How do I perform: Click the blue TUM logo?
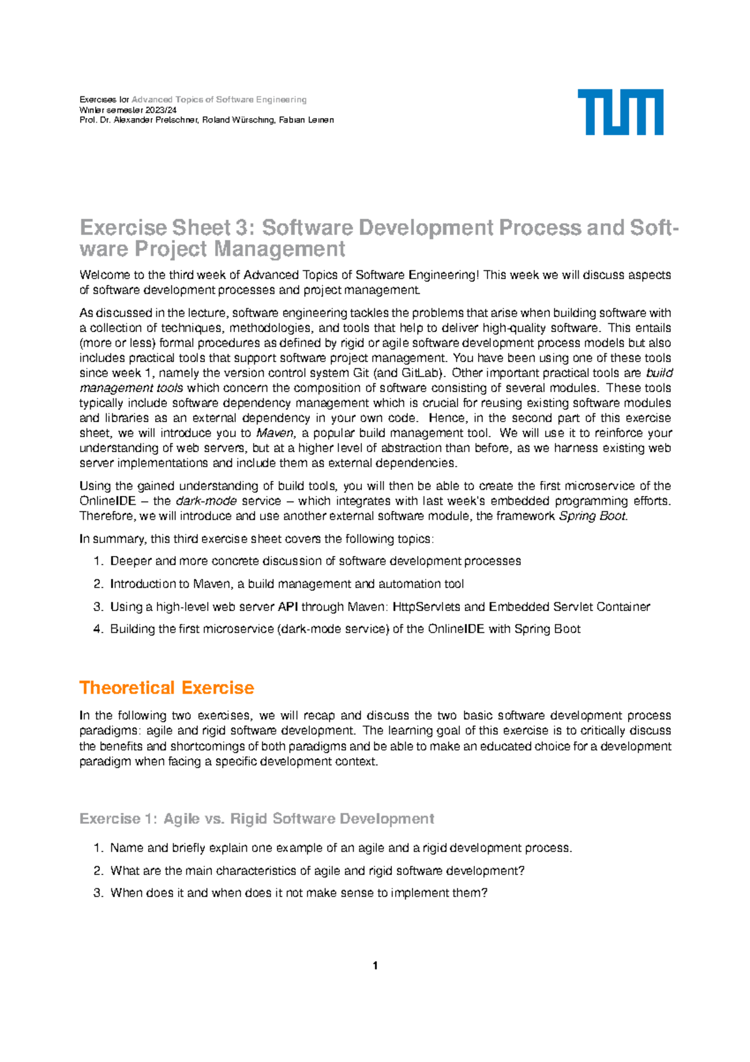[620, 112]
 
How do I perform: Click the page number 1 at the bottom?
[375, 966]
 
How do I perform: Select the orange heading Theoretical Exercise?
[166, 688]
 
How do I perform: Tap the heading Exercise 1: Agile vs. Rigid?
[256, 819]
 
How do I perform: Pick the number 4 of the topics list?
[97, 629]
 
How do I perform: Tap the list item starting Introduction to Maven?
[287, 584]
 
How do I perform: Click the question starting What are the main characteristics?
[317, 871]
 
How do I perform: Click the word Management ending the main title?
[279, 250]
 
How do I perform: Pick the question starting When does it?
[298, 893]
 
